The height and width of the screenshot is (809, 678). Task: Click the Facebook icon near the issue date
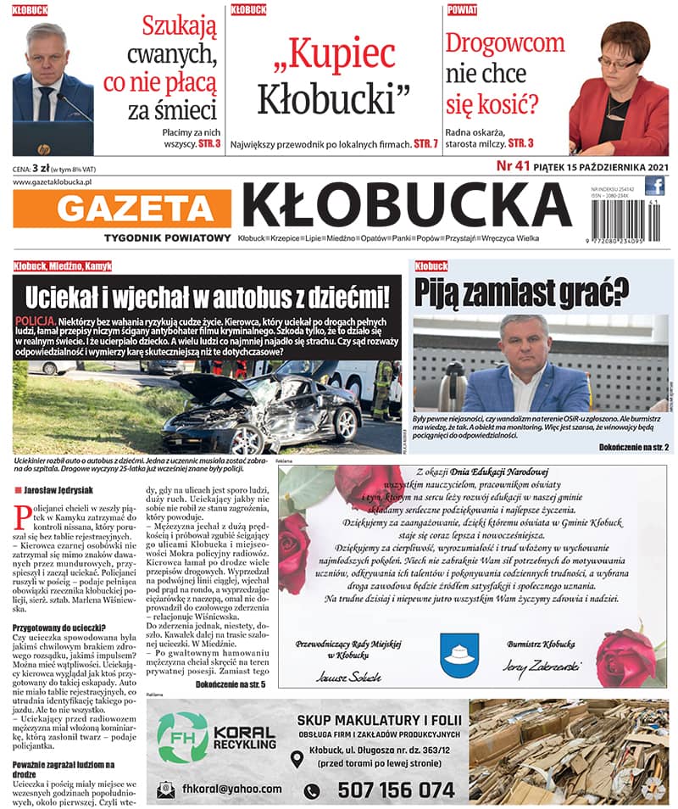click(x=654, y=186)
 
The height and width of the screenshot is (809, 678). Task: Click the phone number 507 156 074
click(x=396, y=789)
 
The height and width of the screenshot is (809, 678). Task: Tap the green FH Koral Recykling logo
click(x=182, y=739)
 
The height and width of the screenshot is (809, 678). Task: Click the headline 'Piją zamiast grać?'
click(x=521, y=291)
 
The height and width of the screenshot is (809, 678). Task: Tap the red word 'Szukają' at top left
click(x=179, y=28)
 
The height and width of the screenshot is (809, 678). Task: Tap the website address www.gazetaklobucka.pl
click(x=53, y=181)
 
